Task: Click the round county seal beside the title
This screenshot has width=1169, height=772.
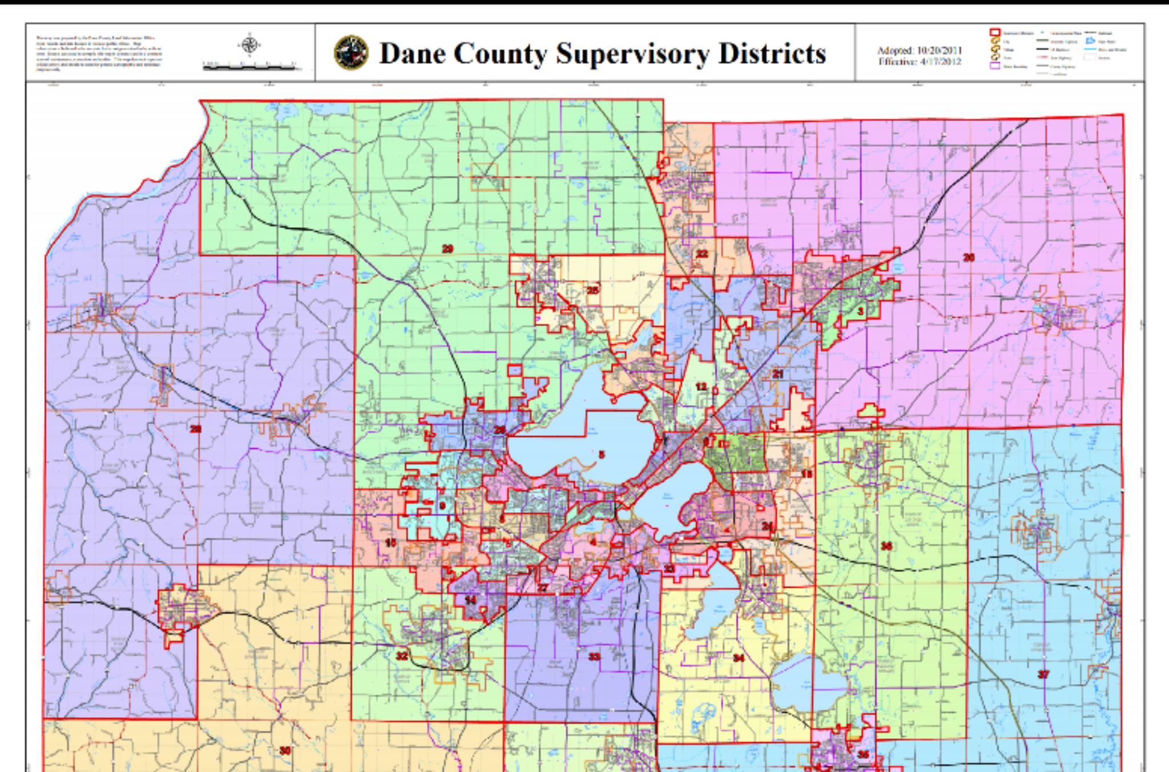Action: pos(350,53)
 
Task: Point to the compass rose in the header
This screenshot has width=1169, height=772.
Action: pos(249,45)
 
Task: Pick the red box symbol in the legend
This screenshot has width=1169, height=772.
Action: pos(994,33)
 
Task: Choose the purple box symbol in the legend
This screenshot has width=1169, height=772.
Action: pos(994,66)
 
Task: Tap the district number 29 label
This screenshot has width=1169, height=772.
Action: pos(448,249)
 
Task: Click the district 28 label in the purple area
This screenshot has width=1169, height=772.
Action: pos(195,428)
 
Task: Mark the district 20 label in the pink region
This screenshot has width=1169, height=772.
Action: pos(969,258)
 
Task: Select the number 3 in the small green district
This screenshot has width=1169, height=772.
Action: pos(860,311)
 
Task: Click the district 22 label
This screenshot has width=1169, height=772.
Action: pos(702,254)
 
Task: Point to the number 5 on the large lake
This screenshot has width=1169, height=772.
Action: pos(601,455)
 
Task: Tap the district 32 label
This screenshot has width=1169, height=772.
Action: pos(402,656)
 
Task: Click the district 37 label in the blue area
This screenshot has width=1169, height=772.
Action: pos(1043,674)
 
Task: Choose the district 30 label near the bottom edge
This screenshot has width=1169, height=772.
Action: pos(285,750)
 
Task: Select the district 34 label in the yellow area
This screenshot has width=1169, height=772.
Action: pos(739,658)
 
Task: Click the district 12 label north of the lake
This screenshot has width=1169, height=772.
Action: pos(701,387)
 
